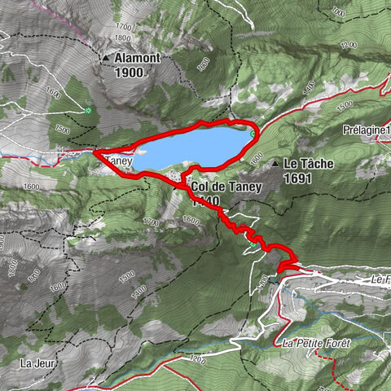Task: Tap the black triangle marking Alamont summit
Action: (x=106, y=59)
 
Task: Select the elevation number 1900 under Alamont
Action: (x=129, y=72)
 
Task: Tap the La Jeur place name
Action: (x=37, y=362)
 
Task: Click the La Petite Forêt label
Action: (x=316, y=343)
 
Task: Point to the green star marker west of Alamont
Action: (x=87, y=110)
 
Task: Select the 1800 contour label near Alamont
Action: (x=124, y=37)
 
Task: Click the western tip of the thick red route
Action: (x=95, y=152)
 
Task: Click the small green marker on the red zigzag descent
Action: (x=278, y=275)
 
